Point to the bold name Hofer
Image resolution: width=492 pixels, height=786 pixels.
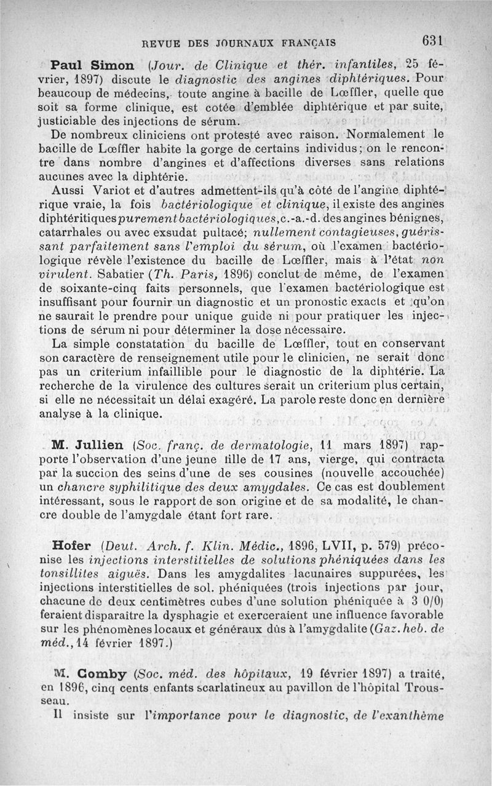(72, 546)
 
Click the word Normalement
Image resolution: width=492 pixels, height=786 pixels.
(386, 135)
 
